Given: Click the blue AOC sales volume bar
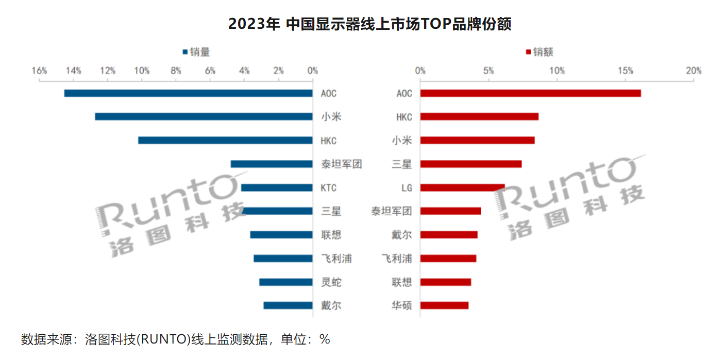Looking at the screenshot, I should click(x=188, y=93).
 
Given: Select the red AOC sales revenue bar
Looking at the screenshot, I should click(x=530, y=93).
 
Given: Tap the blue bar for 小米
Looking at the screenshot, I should click(x=204, y=117).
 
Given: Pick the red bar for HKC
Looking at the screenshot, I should click(x=479, y=117).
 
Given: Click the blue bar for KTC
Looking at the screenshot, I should click(x=277, y=187).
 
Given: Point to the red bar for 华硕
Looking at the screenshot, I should click(x=444, y=305).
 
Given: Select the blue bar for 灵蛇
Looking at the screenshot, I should click(x=285, y=282).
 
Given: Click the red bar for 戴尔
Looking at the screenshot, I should click(x=449, y=235).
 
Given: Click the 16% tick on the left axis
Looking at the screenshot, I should click(x=39, y=71).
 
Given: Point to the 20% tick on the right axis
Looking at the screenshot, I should click(x=694, y=71).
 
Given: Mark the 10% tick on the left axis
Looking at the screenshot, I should click(x=142, y=71).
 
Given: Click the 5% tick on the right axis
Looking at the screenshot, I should click(x=488, y=71).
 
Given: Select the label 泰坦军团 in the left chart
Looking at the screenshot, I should click(x=341, y=164).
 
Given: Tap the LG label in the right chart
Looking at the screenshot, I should click(x=407, y=188).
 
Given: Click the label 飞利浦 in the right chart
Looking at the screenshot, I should click(x=396, y=259).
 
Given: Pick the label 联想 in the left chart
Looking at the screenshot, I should click(x=331, y=235).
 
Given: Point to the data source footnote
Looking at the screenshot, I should click(x=175, y=339).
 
